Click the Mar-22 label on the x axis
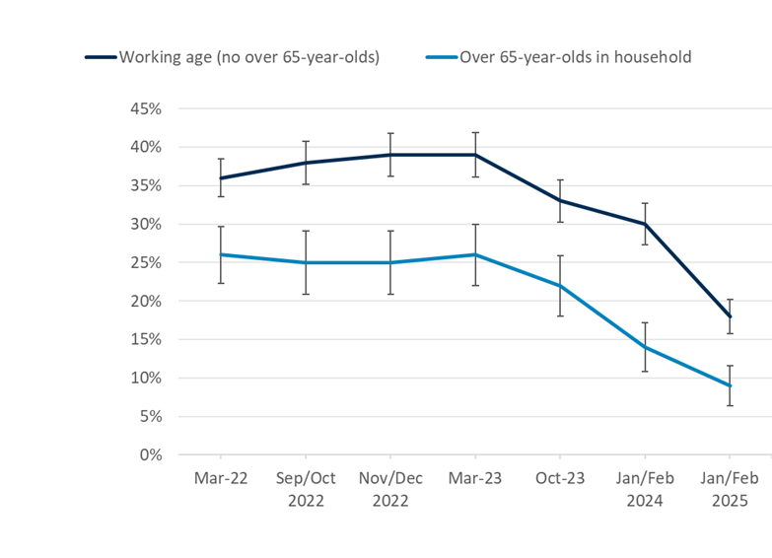tap(221, 478)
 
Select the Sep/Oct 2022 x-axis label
tap(306, 489)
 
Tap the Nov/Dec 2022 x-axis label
tap(390, 489)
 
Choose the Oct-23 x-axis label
tap(560, 478)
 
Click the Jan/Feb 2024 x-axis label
tap(645, 489)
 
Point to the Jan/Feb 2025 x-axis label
tap(730, 489)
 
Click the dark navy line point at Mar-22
tap(221, 178)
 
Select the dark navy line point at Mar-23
tap(475, 155)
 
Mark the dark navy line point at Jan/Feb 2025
tap(730, 316)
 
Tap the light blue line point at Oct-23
tap(560, 286)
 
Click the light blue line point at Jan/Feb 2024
tap(645, 347)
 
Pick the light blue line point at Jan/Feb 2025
tap(730, 385)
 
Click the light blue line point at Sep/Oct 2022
tap(306, 262)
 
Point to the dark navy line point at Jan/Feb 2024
tap(645, 224)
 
